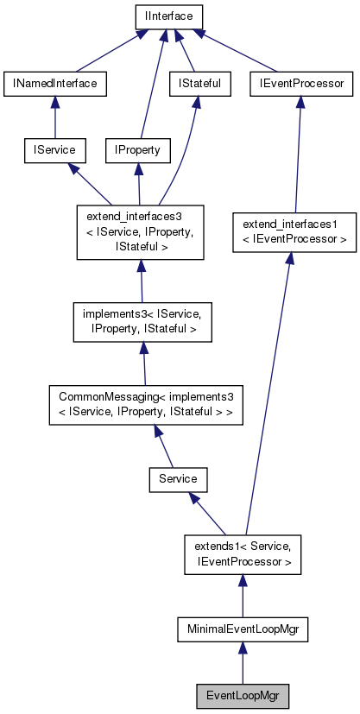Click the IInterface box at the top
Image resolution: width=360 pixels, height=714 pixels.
tap(168, 16)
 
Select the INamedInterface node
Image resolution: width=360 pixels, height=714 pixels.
tap(54, 84)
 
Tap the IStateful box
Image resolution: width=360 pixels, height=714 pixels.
tap(199, 84)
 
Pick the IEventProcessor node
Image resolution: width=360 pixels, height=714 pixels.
tap(301, 84)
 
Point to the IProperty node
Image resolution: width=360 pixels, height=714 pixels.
tap(136, 150)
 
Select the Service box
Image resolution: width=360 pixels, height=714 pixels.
tap(179, 477)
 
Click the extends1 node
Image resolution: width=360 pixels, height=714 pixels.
tap(243, 553)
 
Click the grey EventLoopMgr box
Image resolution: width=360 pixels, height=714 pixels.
tap(243, 695)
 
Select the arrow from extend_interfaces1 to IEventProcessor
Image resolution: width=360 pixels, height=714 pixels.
tap(298, 155)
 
